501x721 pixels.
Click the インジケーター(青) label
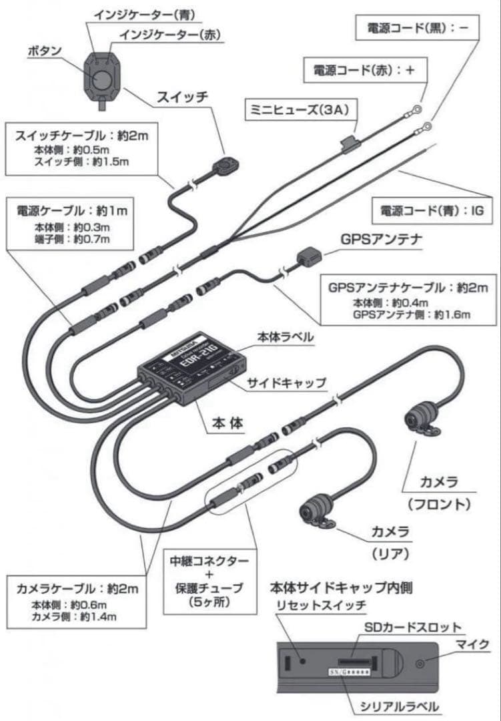(x=139, y=13)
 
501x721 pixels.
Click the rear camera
(x=316, y=510)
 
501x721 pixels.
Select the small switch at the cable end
(x=227, y=164)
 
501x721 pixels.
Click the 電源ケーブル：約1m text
(x=71, y=210)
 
